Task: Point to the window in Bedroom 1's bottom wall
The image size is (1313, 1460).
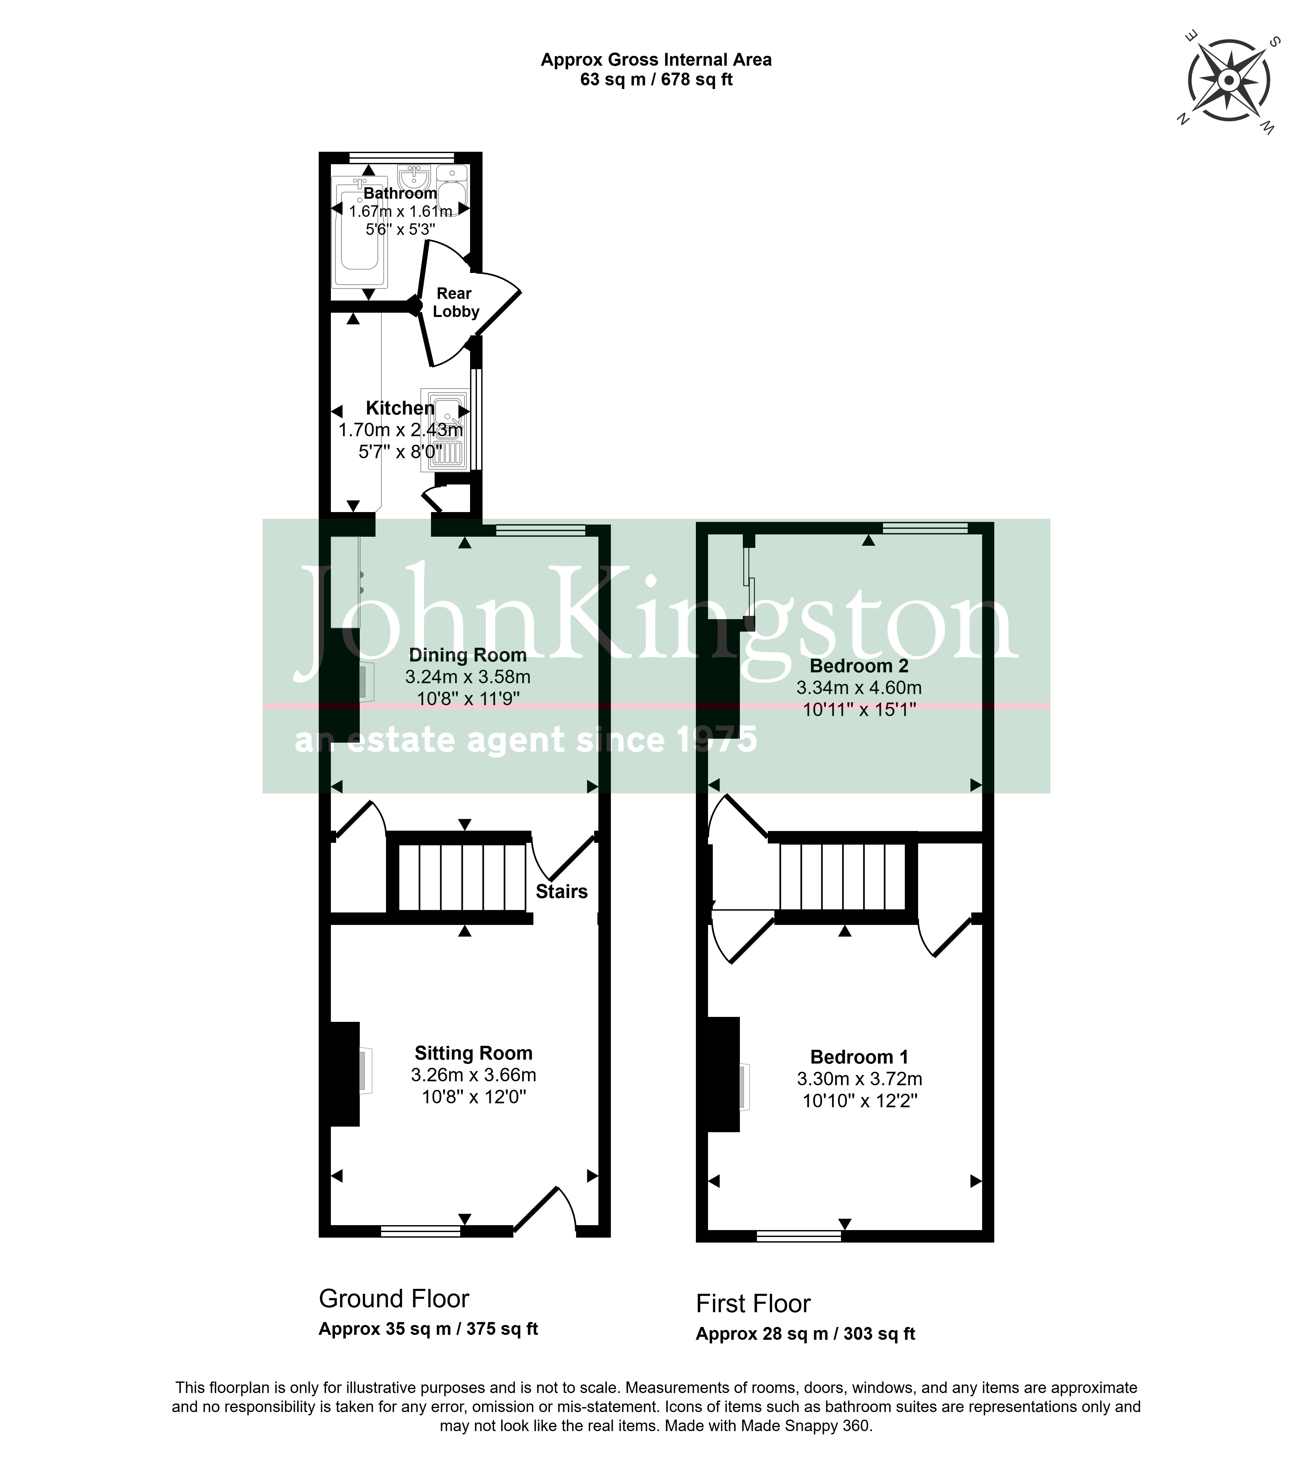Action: pos(799,1236)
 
